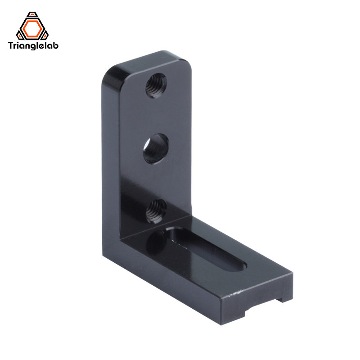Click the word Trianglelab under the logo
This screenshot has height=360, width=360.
pos(34,45)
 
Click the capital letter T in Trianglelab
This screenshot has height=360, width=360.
pos(11,45)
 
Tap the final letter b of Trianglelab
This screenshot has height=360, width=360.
pos(56,45)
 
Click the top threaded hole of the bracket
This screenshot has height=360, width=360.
pos(156,85)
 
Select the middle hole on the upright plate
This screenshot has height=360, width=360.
pos(156,148)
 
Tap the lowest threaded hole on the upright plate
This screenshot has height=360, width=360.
pos(156,209)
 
